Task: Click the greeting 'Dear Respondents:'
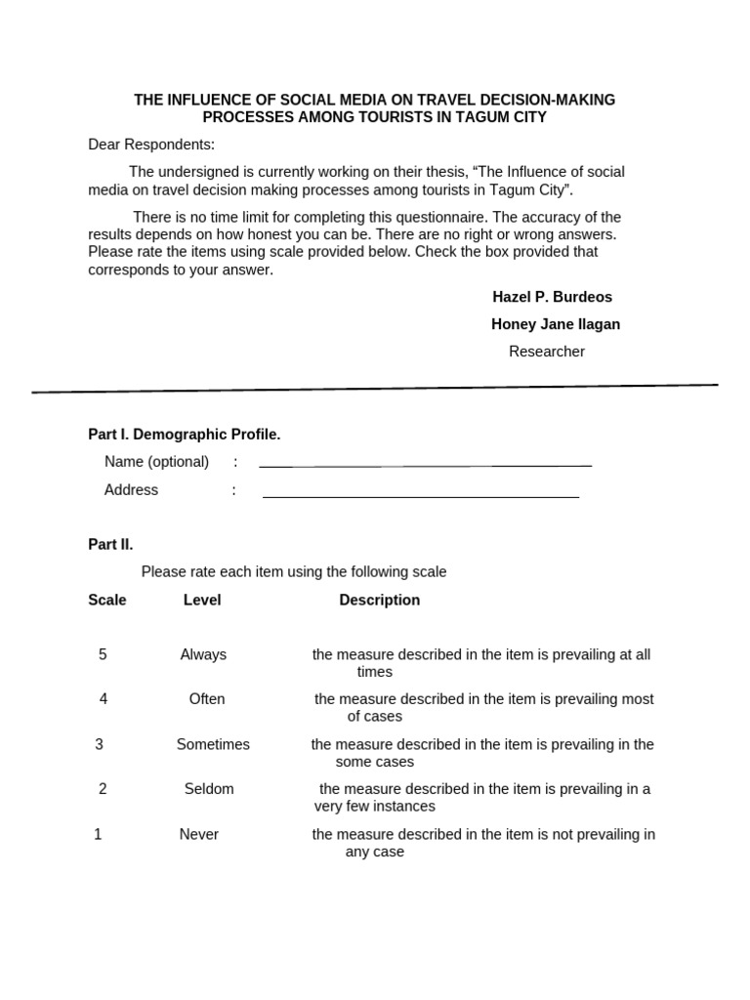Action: (151, 145)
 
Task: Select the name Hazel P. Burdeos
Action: (552, 297)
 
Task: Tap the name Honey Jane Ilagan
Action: (555, 324)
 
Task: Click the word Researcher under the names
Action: (546, 352)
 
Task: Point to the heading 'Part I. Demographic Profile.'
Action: (185, 435)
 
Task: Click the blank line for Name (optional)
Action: (425, 465)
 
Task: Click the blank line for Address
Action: (420, 496)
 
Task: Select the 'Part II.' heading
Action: (110, 544)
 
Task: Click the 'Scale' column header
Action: (107, 600)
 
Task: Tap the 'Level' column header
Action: (202, 600)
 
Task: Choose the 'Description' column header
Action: (380, 600)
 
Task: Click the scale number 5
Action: (103, 654)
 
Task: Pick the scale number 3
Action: (99, 744)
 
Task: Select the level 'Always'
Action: (203, 654)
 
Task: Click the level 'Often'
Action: (207, 699)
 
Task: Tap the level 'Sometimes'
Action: (213, 744)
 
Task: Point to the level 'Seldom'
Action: (209, 789)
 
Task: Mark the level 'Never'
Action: (199, 834)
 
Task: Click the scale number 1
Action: (98, 834)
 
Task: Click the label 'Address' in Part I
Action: (131, 490)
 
